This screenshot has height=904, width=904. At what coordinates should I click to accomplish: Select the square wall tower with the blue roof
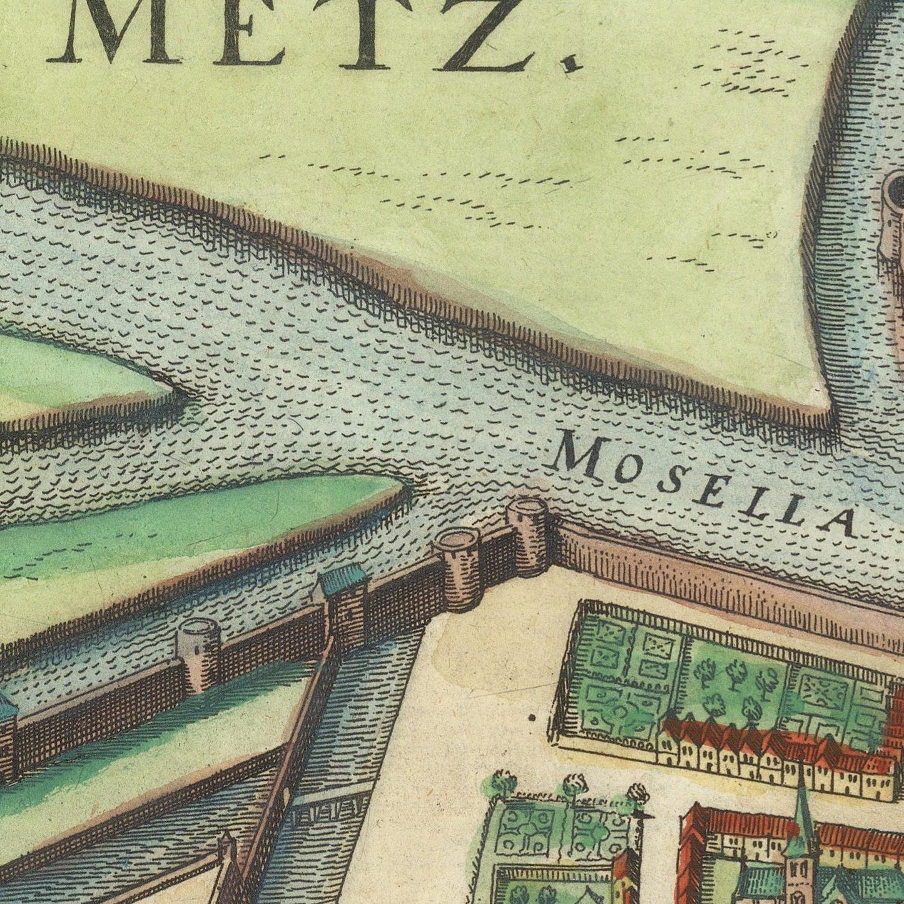click(342, 604)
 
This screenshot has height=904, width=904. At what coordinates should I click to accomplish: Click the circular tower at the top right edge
click(895, 219)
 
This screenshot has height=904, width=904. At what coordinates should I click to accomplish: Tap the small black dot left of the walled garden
click(532, 718)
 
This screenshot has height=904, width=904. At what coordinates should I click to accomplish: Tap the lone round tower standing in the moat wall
click(198, 654)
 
